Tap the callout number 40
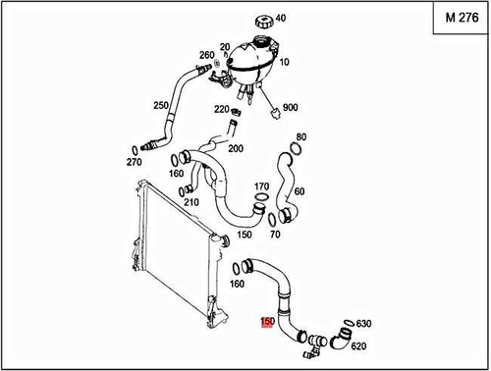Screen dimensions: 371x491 281,18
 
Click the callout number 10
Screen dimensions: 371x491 284,61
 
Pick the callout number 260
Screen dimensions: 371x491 206,54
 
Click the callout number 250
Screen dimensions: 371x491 161,105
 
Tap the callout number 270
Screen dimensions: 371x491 134,161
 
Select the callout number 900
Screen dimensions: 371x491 291,107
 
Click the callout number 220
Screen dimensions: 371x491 221,110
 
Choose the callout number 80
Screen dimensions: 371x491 301,136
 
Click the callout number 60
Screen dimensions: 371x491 299,192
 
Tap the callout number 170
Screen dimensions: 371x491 261,186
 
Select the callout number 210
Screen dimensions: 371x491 191,202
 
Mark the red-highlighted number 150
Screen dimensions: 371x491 267,320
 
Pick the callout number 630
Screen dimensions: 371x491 362,323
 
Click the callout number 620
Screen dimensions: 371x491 357,345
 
